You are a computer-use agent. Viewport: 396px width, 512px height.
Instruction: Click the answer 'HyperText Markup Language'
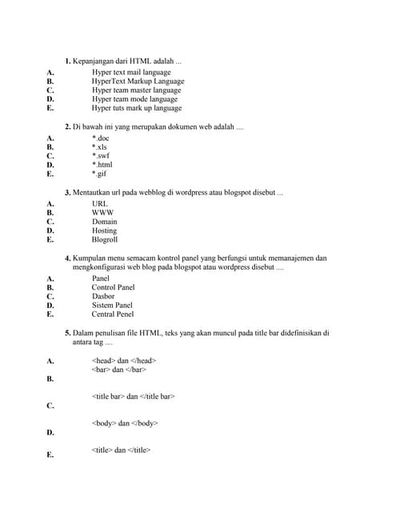click(138, 81)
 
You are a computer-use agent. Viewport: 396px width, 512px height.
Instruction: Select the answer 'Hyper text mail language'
click(131, 72)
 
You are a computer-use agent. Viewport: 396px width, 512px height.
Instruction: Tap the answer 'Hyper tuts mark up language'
click(136, 108)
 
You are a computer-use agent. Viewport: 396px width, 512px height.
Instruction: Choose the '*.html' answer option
click(102, 165)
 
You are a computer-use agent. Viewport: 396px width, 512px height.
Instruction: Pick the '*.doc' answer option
click(100, 138)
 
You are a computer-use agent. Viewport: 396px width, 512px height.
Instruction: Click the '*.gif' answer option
click(99, 174)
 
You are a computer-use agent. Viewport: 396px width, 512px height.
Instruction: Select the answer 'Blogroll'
click(105, 240)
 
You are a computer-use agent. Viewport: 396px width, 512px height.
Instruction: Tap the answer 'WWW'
click(103, 213)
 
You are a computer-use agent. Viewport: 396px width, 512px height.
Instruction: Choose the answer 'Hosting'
click(105, 230)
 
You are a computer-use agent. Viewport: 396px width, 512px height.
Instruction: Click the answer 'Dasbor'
click(104, 296)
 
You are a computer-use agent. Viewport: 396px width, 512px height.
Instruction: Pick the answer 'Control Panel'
click(113, 287)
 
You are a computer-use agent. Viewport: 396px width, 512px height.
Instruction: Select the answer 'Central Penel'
click(113, 314)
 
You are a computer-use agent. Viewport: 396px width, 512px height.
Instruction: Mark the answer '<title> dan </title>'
click(121, 450)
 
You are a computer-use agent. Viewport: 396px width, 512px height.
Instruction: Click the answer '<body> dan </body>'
click(125, 423)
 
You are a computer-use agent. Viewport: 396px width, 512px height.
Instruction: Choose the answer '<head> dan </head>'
click(124, 361)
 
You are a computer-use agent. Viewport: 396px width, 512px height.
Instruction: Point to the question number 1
click(68, 61)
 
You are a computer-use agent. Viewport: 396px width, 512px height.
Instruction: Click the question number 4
click(68, 258)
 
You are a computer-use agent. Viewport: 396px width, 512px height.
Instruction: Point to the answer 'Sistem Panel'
click(112, 305)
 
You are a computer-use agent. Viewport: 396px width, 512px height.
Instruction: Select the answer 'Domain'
click(105, 222)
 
